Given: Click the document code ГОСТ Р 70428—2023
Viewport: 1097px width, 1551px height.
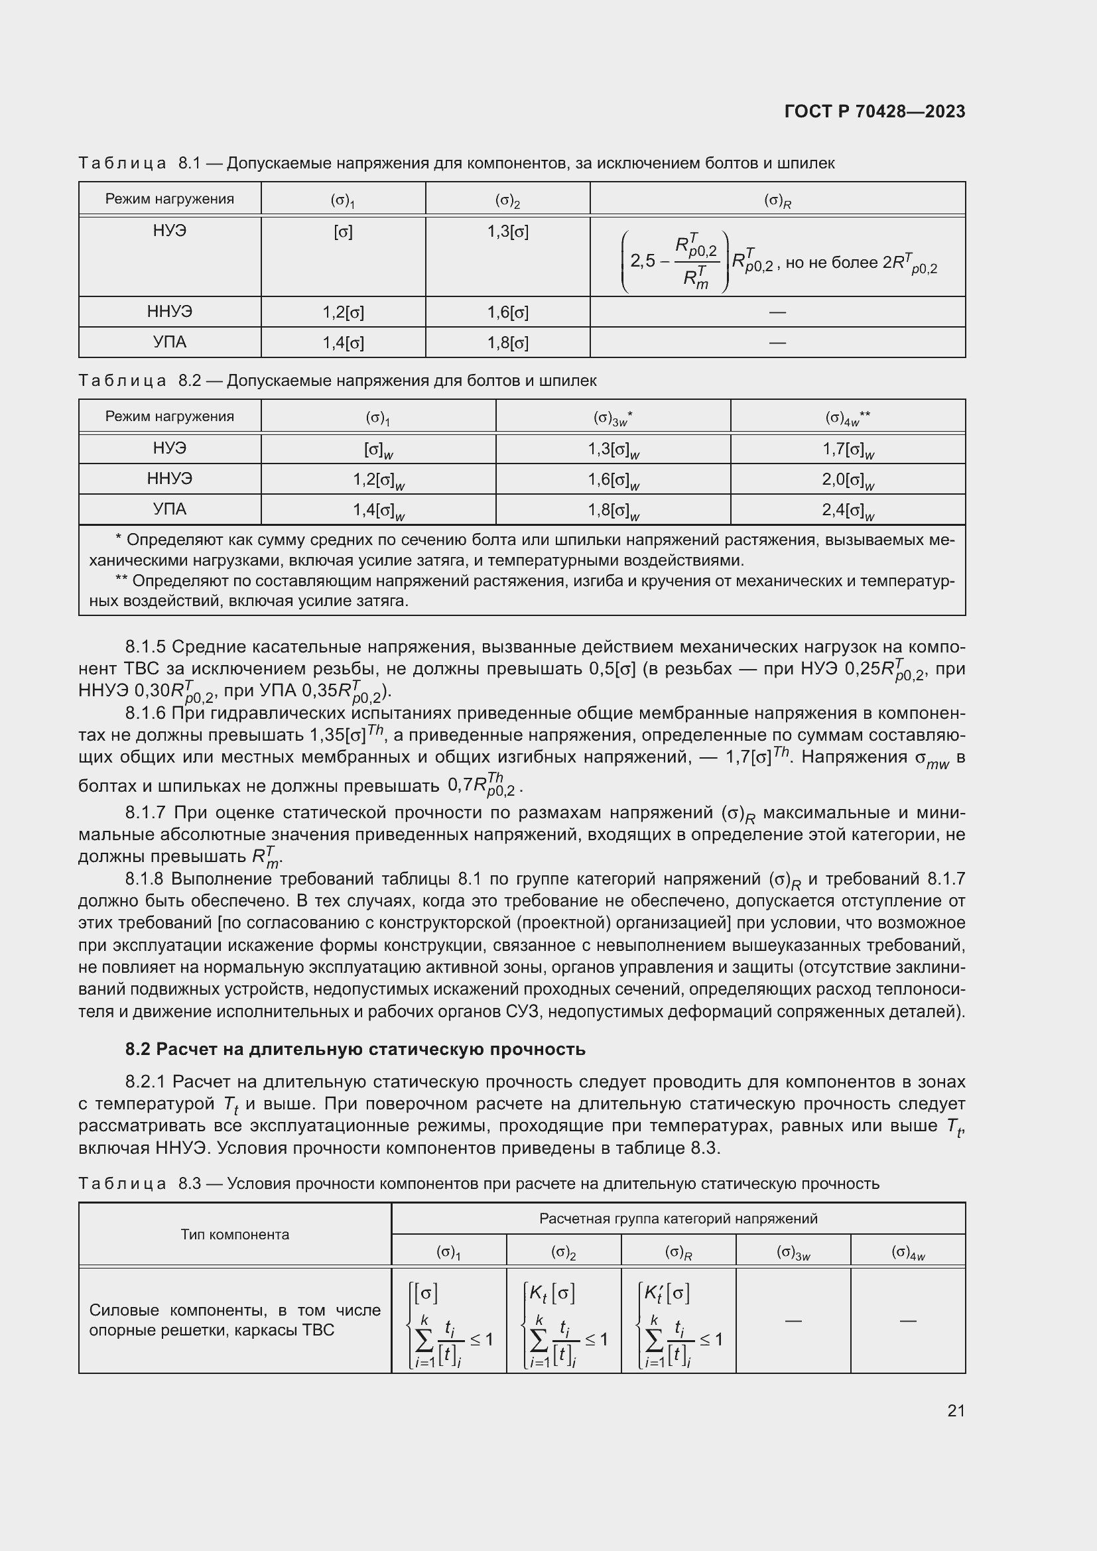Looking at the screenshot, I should coord(874,111).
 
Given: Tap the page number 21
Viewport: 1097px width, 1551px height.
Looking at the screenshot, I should coord(956,1410).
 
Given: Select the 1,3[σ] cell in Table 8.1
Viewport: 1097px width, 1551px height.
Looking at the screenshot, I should coord(507,232).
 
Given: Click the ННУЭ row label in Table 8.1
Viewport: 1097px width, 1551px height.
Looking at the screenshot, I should coord(170,312).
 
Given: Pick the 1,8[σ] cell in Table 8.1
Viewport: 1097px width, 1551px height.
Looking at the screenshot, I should coord(507,343).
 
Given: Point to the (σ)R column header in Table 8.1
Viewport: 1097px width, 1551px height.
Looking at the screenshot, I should coord(777,200).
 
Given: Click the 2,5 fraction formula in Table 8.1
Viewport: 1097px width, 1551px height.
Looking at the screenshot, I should coord(675,261).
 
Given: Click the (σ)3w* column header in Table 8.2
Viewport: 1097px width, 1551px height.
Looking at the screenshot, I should coord(613,418).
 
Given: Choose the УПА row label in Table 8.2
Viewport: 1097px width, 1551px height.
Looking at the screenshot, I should coord(170,509).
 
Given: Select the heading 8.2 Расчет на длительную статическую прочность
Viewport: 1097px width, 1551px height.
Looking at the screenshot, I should coord(355,1050).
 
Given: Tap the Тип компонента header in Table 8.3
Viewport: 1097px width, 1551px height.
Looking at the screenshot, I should coord(234,1235).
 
